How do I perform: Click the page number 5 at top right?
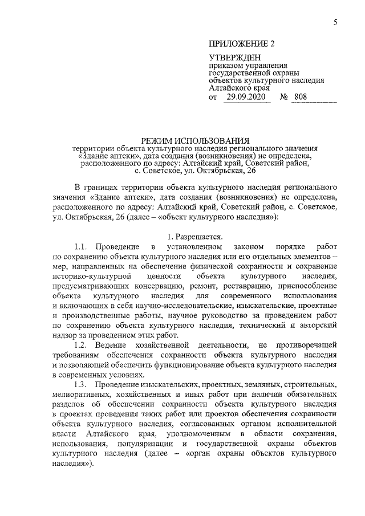[x=336, y=22]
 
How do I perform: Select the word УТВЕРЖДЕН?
[x=234, y=58]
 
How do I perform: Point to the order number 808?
[x=299, y=97]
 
